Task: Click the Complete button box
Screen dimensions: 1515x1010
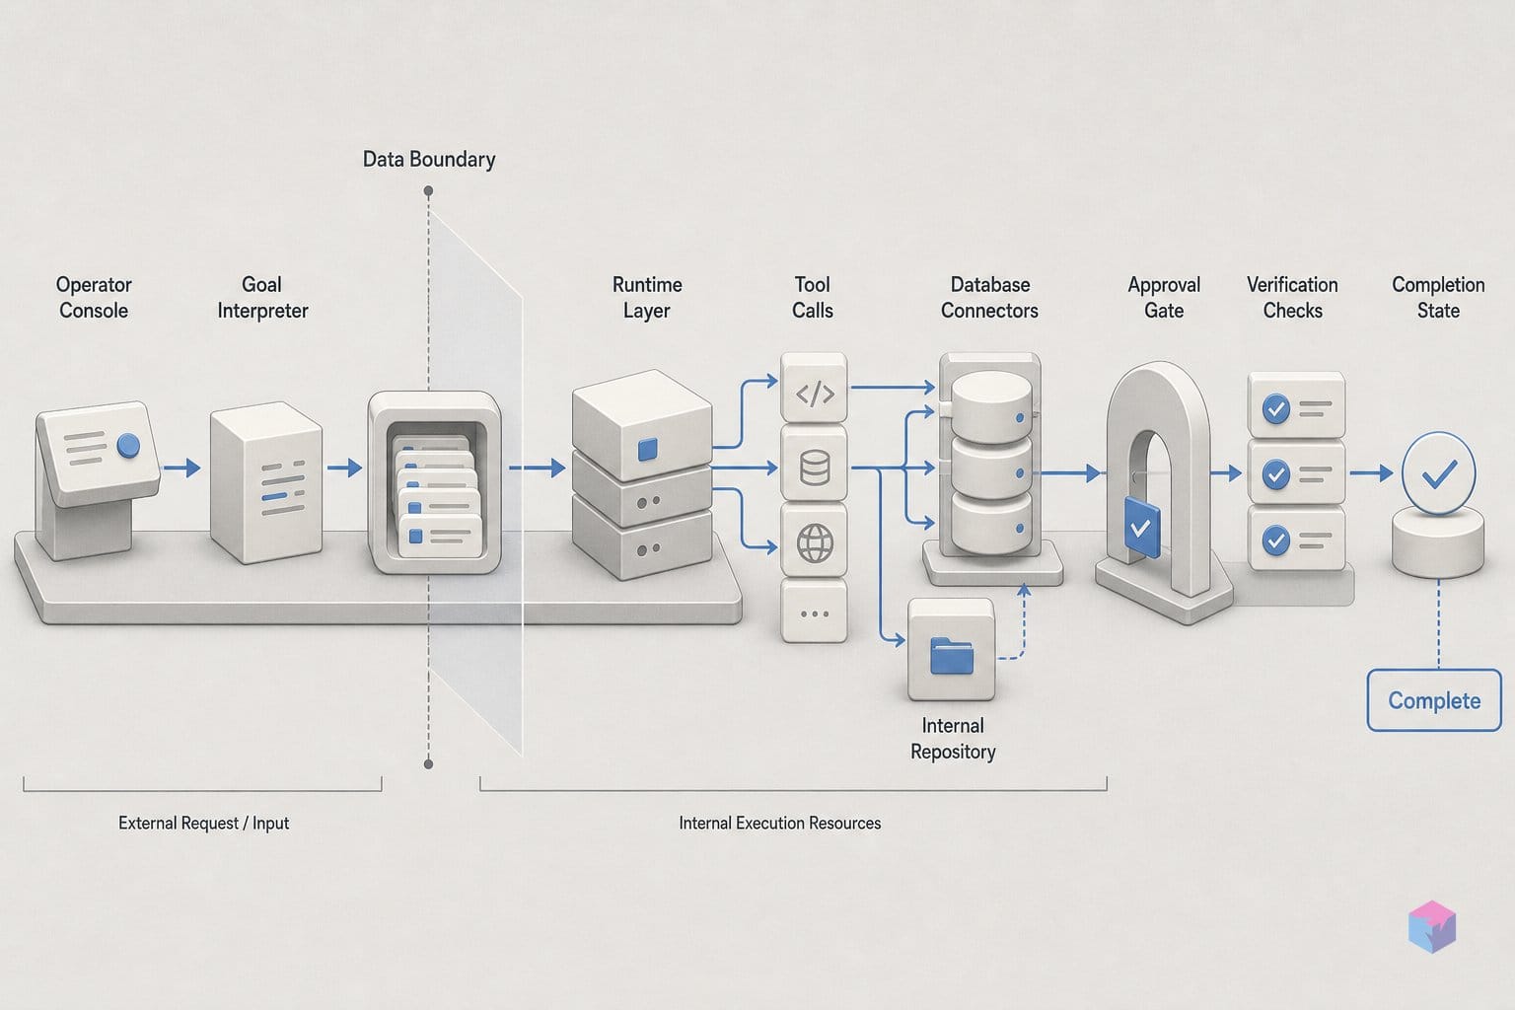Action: (x=1434, y=700)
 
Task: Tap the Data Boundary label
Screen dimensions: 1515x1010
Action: (x=429, y=160)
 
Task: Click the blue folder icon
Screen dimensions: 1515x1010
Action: (x=952, y=655)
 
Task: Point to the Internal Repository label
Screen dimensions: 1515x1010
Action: (x=953, y=739)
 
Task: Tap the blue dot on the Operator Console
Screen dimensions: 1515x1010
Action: (x=128, y=445)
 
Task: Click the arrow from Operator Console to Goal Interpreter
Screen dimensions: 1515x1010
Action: (x=181, y=468)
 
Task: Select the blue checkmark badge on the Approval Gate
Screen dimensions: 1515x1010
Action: (x=1142, y=528)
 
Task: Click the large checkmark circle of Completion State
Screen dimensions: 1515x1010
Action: (x=1439, y=472)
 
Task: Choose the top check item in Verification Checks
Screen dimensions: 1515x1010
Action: (x=1297, y=405)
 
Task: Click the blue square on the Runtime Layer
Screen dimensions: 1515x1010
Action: (x=647, y=449)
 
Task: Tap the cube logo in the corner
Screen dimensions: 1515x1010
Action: (x=1432, y=926)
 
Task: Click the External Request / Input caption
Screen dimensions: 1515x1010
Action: (x=203, y=824)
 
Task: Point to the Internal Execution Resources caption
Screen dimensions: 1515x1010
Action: (x=780, y=824)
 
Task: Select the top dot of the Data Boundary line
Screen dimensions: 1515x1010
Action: (x=428, y=191)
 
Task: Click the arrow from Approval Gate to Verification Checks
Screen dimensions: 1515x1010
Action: (x=1226, y=472)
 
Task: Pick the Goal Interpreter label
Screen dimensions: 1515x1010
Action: (x=262, y=298)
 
